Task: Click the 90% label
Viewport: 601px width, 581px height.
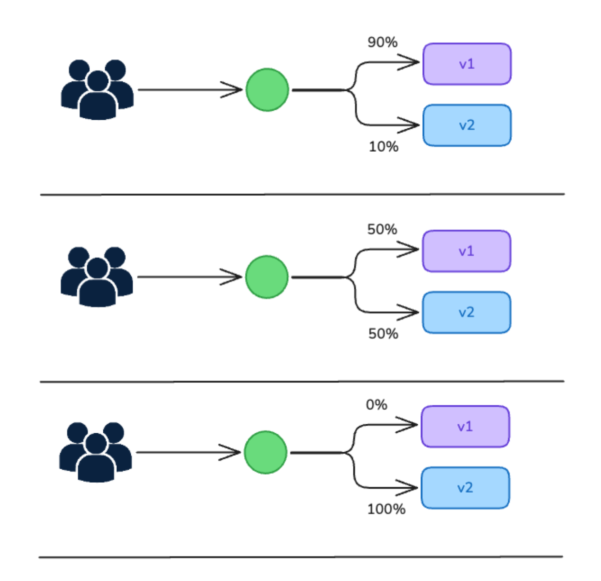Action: click(382, 42)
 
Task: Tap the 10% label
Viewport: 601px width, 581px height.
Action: click(383, 147)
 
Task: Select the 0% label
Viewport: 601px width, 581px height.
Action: click(376, 405)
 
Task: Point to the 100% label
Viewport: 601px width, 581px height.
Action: click(386, 509)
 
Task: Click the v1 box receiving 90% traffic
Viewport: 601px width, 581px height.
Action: click(467, 64)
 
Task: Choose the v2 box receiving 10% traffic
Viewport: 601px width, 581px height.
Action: click(467, 125)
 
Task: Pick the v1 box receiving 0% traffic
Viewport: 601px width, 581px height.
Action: click(465, 427)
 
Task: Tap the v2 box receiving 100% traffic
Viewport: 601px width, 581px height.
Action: click(465, 488)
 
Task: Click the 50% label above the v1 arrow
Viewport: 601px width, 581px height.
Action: click(382, 230)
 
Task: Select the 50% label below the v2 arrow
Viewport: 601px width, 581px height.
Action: click(383, 333)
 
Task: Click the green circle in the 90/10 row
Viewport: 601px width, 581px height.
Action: click(268, 90)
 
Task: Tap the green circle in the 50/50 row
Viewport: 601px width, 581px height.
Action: click(267, 277)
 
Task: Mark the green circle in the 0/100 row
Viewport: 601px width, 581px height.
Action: click(266, 452)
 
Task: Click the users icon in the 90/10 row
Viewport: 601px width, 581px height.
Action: click(97, 90)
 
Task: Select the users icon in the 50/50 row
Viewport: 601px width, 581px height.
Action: click(97, 277)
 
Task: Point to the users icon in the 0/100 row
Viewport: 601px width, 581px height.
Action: click(96, 452)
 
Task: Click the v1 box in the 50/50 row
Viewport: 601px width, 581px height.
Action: click(466, 251)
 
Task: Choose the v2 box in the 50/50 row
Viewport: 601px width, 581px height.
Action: click(466, 312)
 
